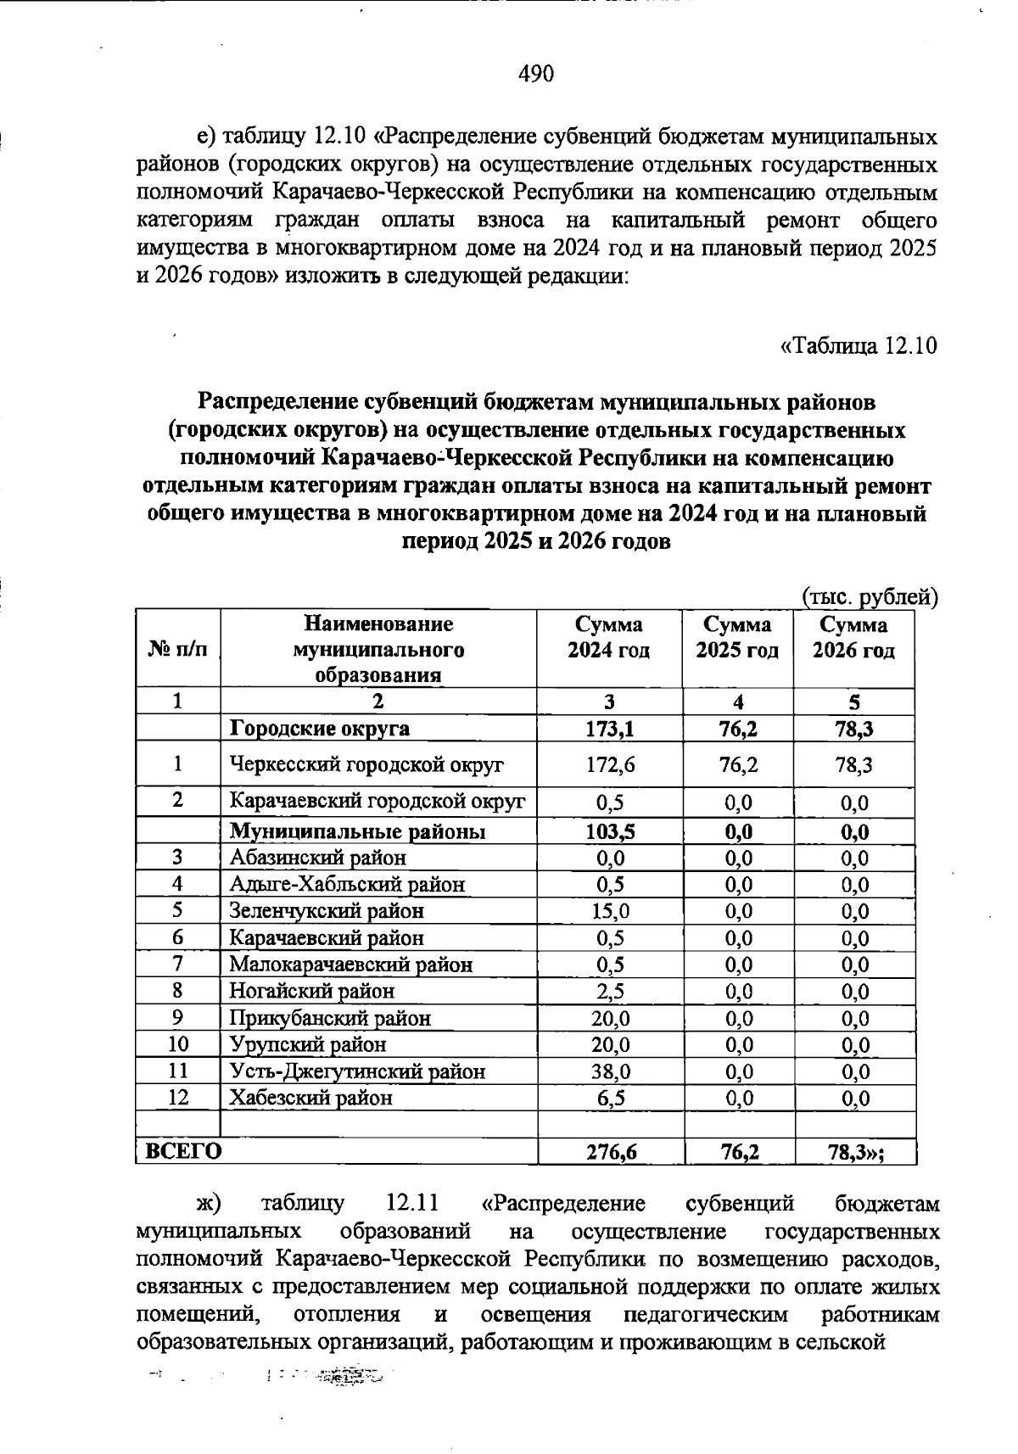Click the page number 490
click(x=535, y=74)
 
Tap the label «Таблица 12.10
click(x=858, y=346)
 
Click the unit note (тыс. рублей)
click(x=870, y=597)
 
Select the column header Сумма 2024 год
click(x=608, y=638)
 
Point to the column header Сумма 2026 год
click(x=853, y=638)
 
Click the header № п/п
click(x=177, y=649)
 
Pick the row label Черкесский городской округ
click(x=367, y=764)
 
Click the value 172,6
click(x=610, y=764)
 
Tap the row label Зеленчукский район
click(x=327, y=911)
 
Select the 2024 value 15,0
click(x=610, y=911)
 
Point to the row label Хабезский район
click(x=311, y=1098)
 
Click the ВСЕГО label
click(x=183, y=1151)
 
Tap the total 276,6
click(x=610, y=1152)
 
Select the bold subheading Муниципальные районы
click(x=358, y=831)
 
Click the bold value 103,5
click(x=610, y=831)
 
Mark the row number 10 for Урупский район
click(x=177, y=1044)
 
